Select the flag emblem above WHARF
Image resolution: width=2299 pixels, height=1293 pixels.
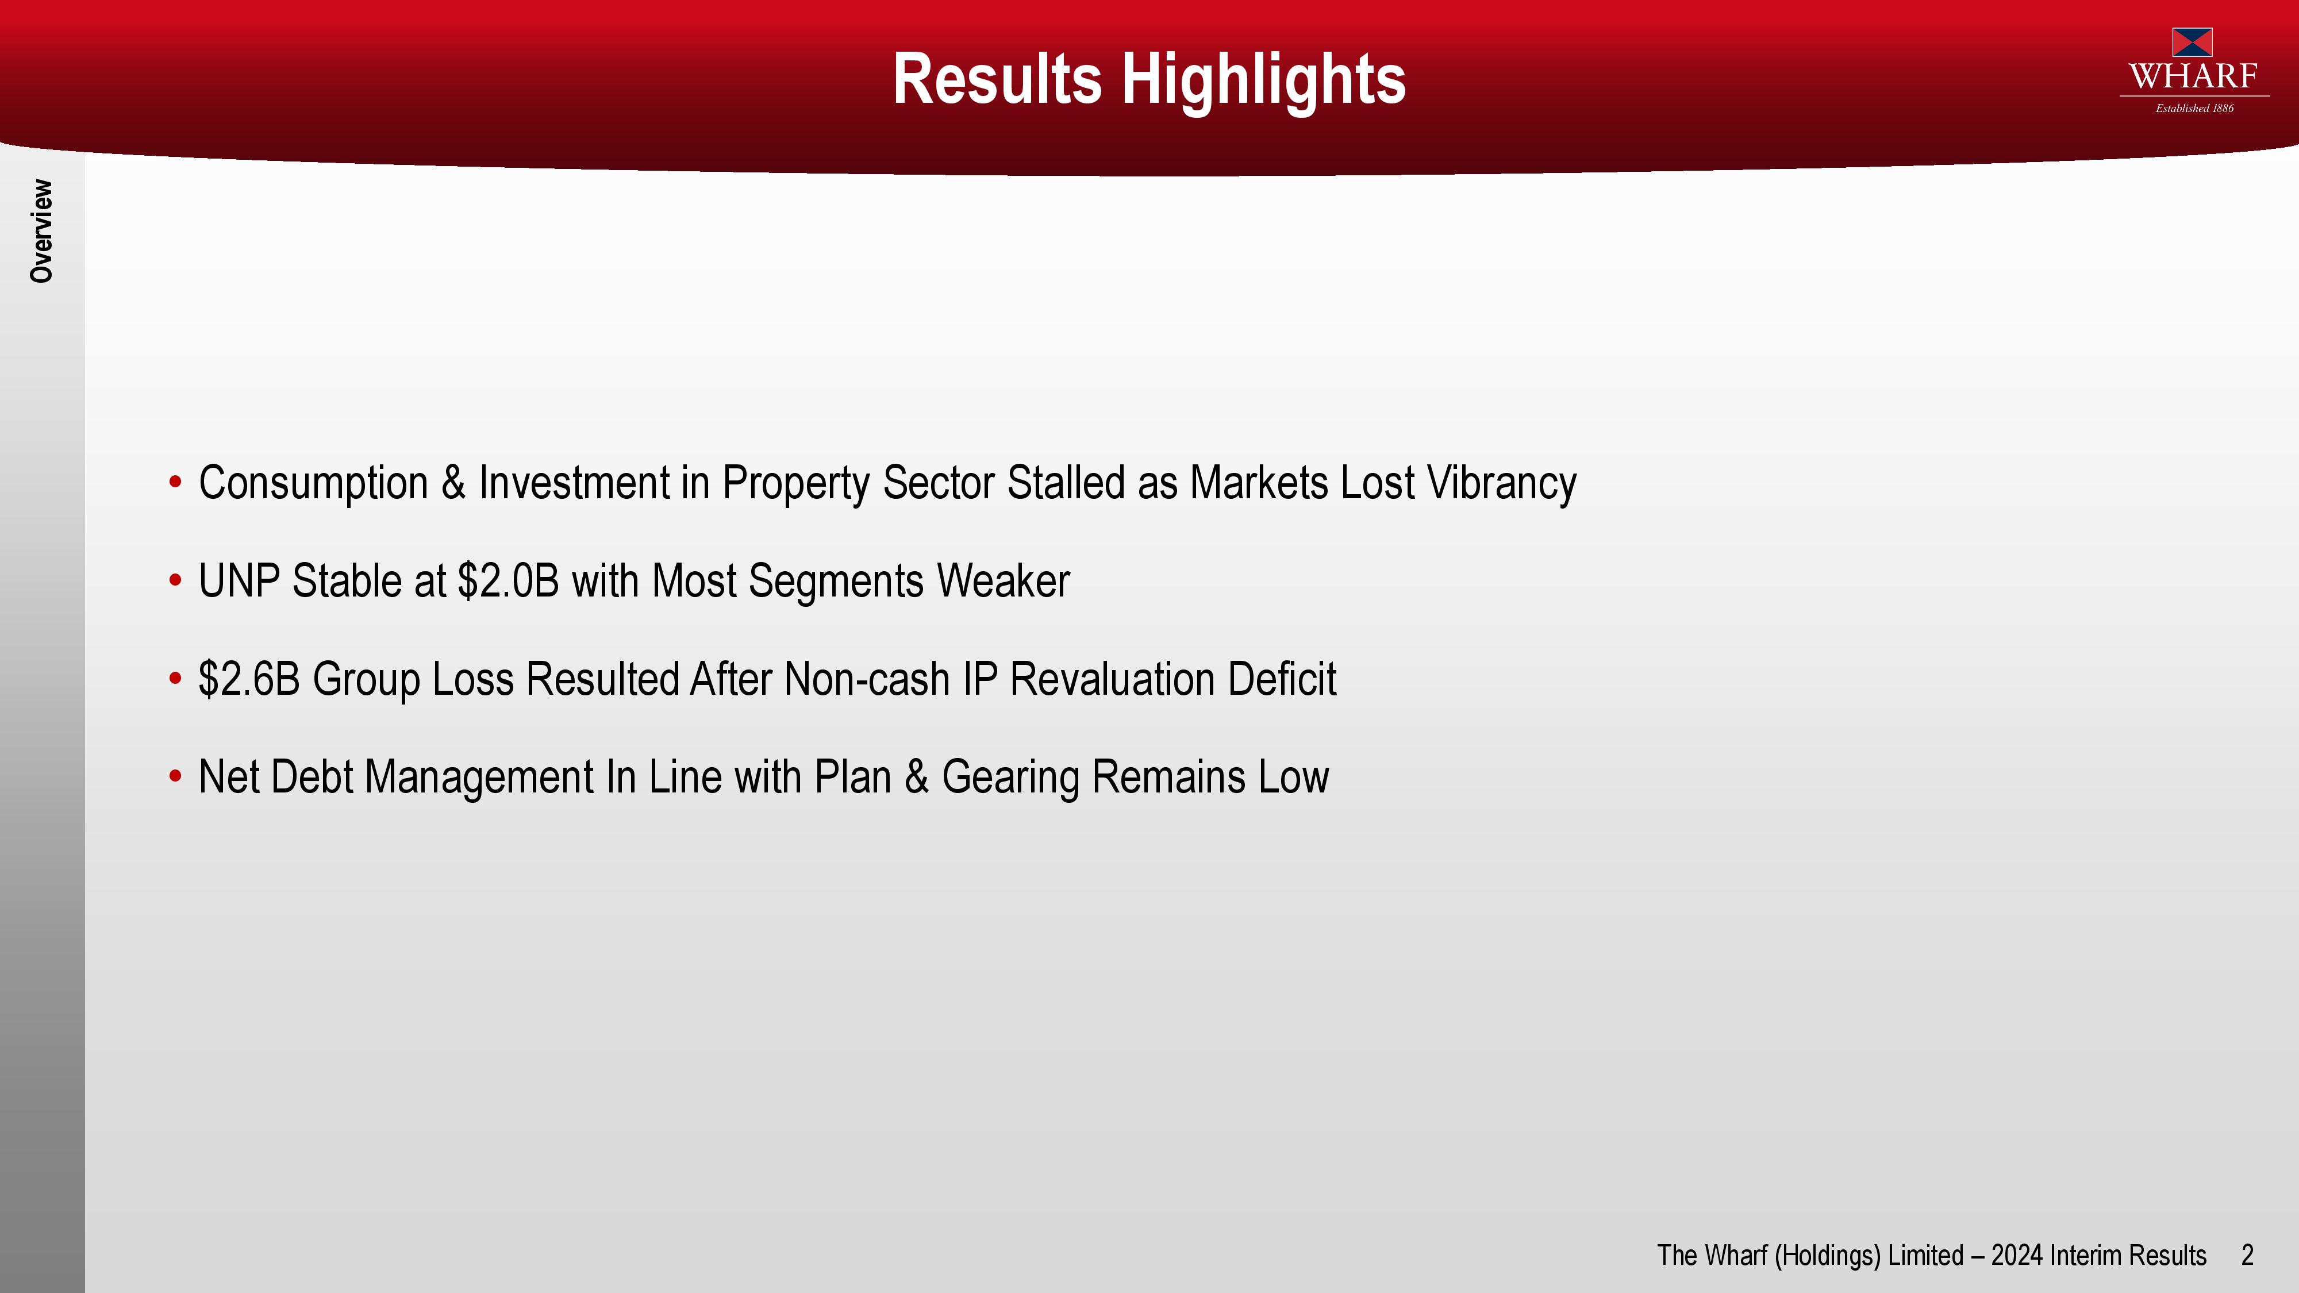2192,42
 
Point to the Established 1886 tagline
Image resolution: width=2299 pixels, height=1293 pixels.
2194,108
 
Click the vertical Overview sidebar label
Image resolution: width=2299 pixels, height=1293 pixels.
41,231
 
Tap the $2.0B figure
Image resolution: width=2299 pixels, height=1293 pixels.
508,581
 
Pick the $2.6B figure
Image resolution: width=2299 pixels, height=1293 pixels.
249,679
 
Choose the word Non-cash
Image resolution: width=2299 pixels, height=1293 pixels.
867,679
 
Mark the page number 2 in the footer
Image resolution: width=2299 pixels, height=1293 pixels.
2247,1256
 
